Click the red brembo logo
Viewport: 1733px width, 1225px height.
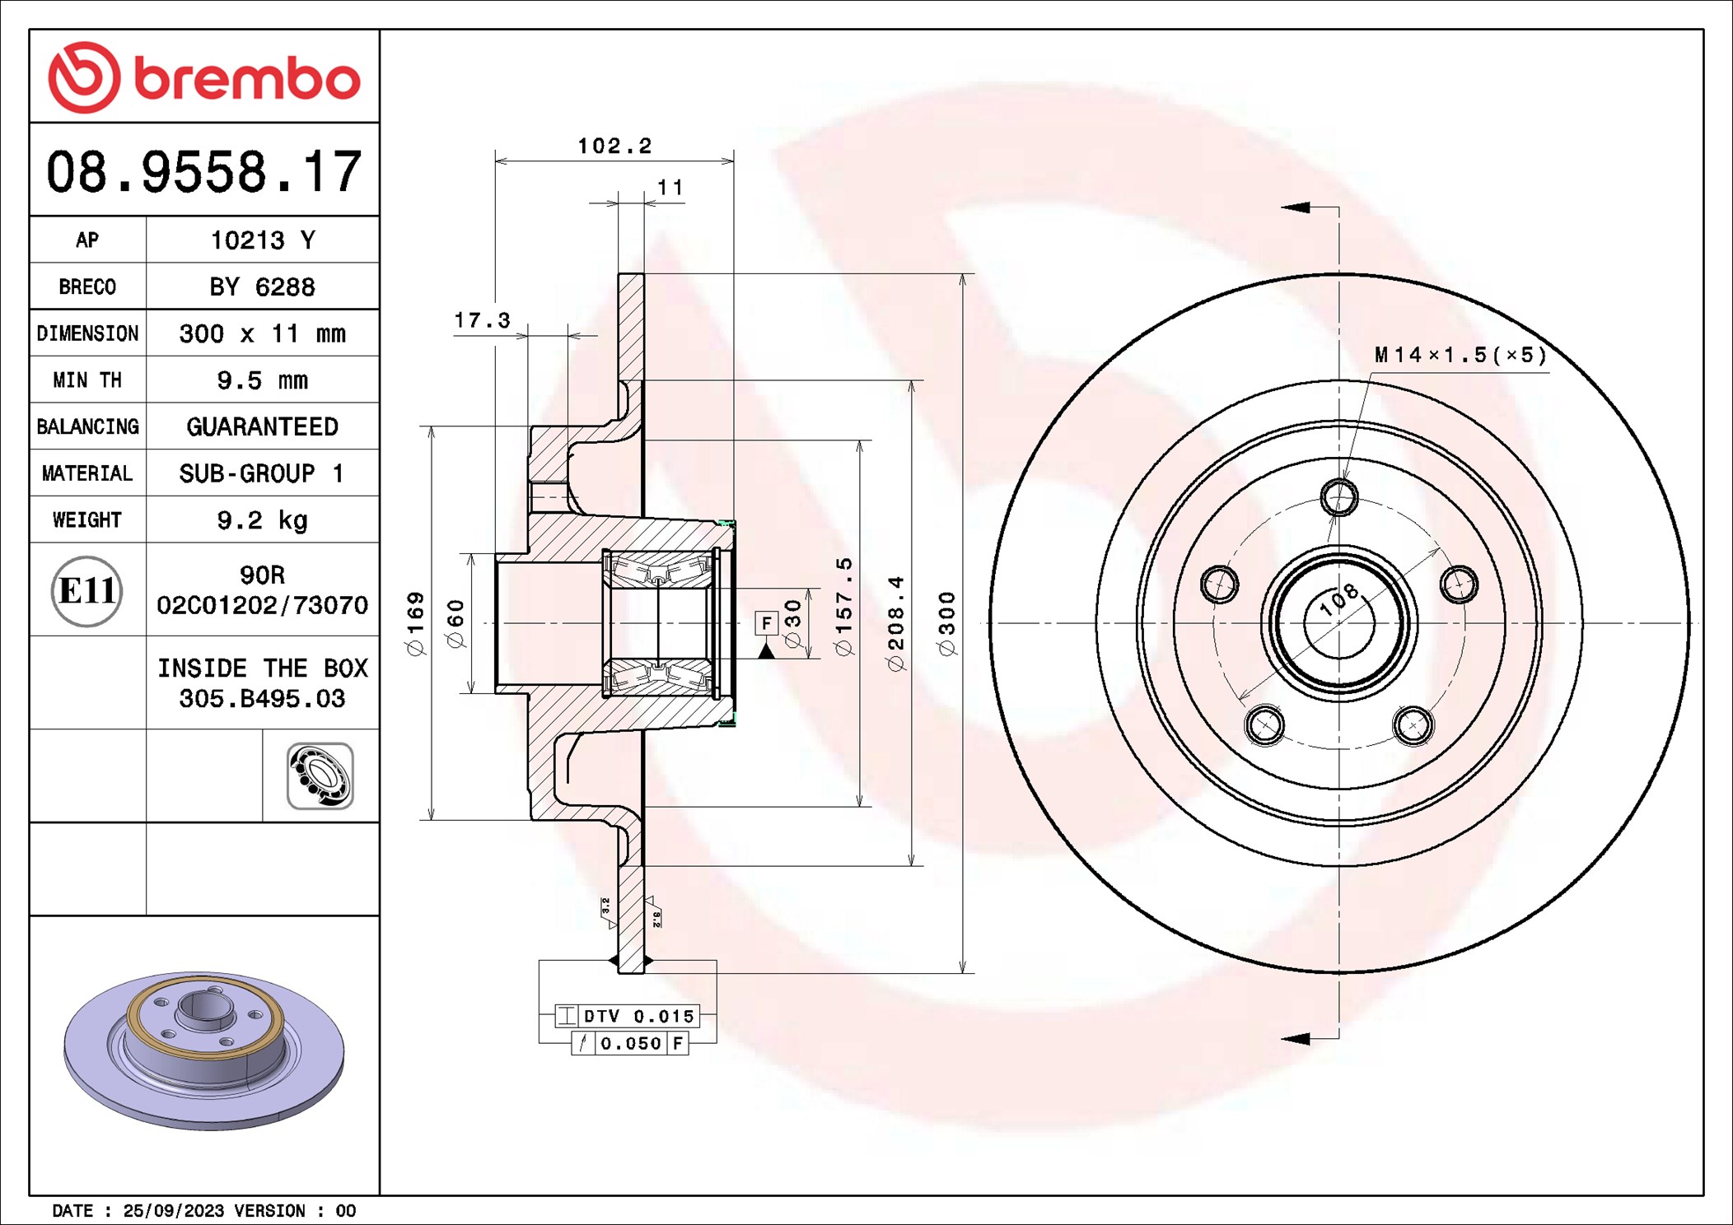[x=203, y=77]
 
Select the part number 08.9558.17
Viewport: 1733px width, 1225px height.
[x=203, y=172]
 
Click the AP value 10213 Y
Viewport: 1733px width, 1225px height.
[x=262, y=240]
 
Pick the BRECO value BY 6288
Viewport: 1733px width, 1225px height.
[x=262, y=287]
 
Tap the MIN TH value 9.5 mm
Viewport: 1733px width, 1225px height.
[x=262, y=380]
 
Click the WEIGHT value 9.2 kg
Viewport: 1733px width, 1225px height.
[x=262, y=520]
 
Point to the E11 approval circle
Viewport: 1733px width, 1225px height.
[x=86, y=590]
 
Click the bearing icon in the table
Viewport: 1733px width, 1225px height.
[x=320, y=776]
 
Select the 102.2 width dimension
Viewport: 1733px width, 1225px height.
[x=614, y=147]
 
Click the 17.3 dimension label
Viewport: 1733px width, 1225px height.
[x=482, y=320]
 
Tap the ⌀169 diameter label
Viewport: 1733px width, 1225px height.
[x=416, y=623]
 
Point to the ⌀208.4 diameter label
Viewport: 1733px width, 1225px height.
[x=896, y=623]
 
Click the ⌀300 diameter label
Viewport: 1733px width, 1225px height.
[x=947, y=623]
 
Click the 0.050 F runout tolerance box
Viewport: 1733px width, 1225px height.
[x=630, y=1043]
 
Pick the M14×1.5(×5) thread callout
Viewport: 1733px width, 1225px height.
[x=1460, y=355]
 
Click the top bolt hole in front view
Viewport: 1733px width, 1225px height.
[x=1339, y=497]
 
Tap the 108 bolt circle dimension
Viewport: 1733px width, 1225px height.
[x=1338, y=599]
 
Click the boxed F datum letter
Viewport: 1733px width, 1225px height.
[x=766, y=623]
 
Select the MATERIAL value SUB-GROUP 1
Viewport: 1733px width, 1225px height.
[x=262, y=473]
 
